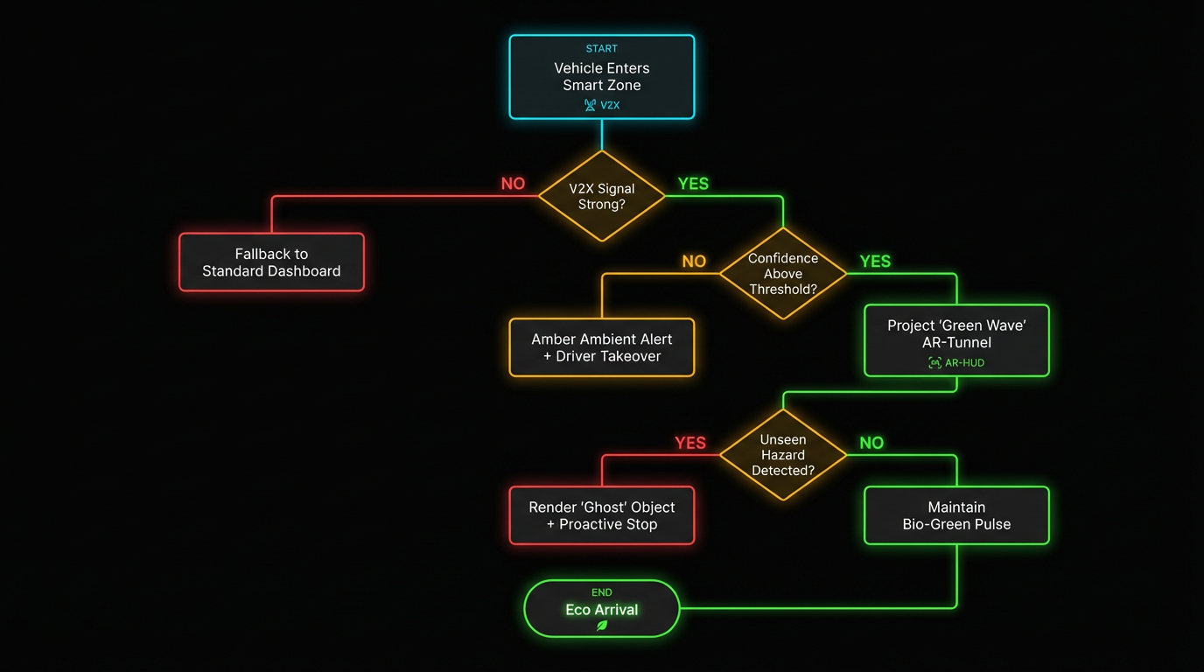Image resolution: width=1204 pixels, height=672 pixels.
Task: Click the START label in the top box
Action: (601, 49)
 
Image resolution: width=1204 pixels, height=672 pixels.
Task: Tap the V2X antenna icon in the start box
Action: (590, 105)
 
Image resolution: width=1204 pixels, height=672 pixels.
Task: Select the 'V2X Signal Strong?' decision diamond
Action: (602, 196)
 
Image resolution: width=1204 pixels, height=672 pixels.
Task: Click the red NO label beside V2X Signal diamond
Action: (513, 184)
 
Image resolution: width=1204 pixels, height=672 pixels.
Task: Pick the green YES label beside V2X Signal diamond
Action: (693, 184)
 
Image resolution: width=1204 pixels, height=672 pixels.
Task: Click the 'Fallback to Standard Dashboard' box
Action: (271, 262)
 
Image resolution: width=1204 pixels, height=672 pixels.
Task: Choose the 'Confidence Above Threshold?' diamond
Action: (783, 274)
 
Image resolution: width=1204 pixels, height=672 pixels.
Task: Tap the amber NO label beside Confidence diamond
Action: (694, 262)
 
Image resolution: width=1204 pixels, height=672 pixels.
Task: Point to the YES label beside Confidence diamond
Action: (875, 262)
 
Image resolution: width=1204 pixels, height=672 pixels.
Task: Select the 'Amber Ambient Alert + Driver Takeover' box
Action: (602, 347)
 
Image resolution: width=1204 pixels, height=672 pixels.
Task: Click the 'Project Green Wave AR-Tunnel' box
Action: (956, 340)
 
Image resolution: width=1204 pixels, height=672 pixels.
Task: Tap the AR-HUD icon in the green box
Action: (934, 362)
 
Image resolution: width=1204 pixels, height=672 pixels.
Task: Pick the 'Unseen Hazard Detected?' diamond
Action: (783, 455)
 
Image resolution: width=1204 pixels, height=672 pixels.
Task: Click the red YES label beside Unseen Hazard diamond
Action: (690, 443)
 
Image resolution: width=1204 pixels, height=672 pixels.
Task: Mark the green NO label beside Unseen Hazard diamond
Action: (871, 443)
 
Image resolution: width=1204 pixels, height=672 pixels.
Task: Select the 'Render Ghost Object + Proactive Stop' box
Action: (602, 515)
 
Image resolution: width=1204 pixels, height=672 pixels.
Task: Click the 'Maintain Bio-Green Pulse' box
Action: (956, 515)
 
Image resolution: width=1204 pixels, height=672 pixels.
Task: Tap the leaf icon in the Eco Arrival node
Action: (602, 626)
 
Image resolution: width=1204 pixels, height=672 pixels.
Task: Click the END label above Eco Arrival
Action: (601, 592)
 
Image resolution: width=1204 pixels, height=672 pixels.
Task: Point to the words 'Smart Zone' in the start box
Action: (602, 85)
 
